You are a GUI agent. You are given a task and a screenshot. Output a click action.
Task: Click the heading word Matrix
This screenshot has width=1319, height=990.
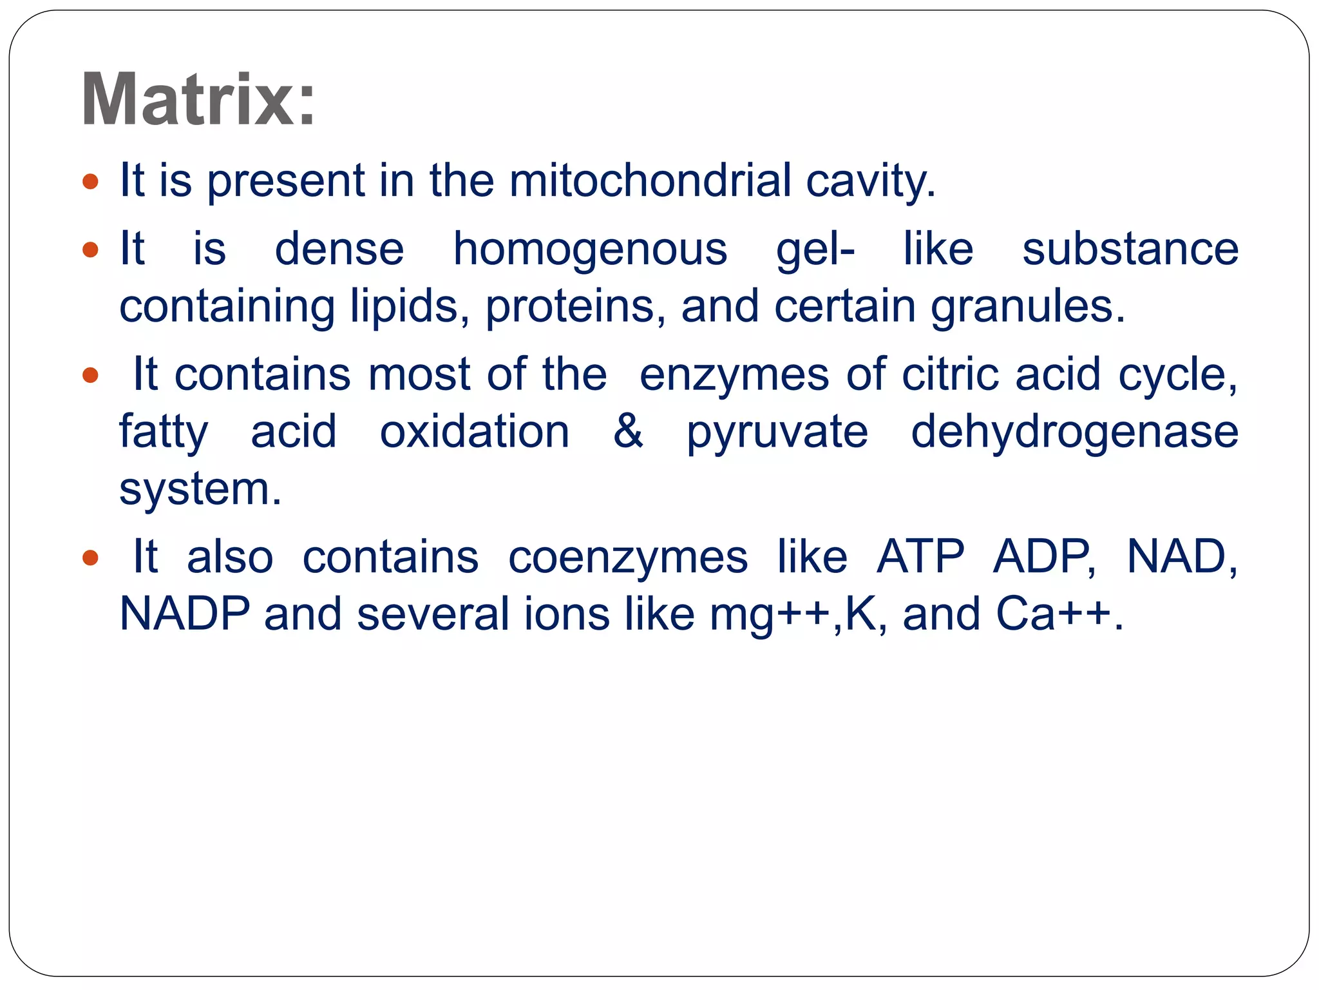[x=198, y=101]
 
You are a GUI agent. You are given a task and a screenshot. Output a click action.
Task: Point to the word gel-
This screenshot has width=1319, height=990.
[x=815, y=250]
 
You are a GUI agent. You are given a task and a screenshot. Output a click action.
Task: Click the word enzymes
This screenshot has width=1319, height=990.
[x=734, y=375]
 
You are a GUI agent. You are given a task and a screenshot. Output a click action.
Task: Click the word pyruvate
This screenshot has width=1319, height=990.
[x=777, y=432]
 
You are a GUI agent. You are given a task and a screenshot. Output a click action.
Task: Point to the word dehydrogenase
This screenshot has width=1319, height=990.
[x=1074, y=432]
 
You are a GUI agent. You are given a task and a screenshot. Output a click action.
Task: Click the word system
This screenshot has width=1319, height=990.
[x=200, y=489]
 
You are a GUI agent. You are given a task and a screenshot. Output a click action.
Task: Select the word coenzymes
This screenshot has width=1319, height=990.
[x=628, y=557]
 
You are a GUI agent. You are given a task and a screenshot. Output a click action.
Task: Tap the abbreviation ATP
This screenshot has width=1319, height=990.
[x=920, y=556]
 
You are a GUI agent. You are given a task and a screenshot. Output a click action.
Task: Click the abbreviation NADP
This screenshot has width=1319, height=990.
[x=185, y=614]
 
